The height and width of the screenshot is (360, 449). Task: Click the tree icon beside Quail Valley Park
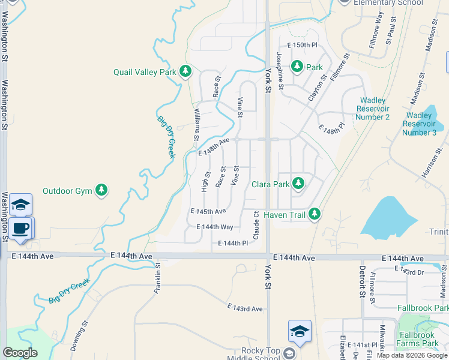[x=185, y=72]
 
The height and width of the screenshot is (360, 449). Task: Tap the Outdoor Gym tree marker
[x=101, y=191]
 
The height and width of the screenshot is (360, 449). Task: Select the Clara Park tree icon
[x=297, y=184]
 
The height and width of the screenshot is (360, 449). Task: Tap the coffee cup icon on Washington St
[x=22, y=229]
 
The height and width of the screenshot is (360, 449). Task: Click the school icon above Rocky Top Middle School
[x=300, y=331]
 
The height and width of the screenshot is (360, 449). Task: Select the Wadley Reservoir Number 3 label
[x=421, y=124]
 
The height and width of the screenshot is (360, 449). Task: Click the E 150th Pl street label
[x=302, y=45]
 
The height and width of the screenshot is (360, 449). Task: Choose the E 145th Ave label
[x=208, y=211]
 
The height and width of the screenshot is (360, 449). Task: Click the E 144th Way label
[x=215, y=227]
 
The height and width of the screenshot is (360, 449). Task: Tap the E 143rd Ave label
[x=245, y=308]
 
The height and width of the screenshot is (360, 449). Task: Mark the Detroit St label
[x=363, y=281]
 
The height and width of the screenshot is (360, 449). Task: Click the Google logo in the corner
[x=20, y=353]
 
